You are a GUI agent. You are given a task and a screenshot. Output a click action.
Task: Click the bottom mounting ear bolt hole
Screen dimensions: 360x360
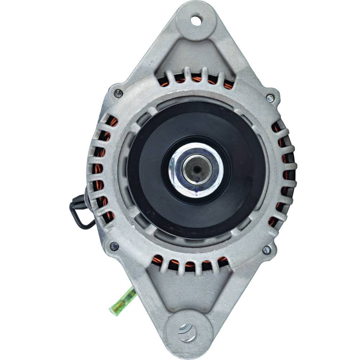(187, 331)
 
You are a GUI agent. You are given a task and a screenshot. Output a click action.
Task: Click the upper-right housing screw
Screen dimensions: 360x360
(270, 98)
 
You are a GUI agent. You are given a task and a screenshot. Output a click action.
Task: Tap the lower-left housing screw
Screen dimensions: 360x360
(114, 246)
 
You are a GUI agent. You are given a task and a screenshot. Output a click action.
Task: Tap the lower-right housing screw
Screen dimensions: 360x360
(266, 249)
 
